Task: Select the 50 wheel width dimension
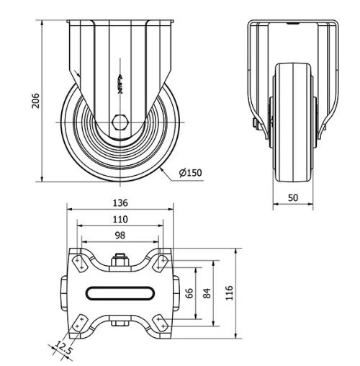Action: (x=294, y=197)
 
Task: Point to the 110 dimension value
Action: (x=120, y=219)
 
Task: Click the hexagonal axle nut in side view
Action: (x=120, y=121)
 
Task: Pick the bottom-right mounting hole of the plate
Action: (x=161, y=321)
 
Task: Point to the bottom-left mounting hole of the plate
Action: (x=79, y=321)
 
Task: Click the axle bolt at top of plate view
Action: (x=120, y=259)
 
